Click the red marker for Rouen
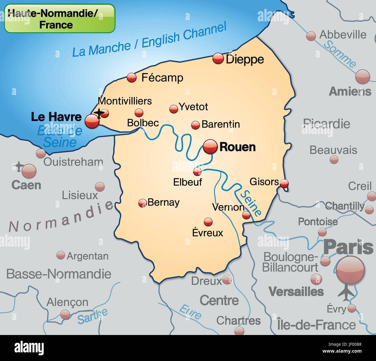[210, 146]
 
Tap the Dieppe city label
[245, 59]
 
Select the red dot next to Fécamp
[132, 77]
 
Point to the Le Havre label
[56, 117]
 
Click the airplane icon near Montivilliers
[99, 113]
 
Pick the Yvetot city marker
[174, 109]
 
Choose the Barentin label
[221, 124]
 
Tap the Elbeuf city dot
[198, 172]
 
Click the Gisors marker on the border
[285, 183]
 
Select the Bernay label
[163, 202]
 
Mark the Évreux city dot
[208, 222]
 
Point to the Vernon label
[228, 207]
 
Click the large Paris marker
[351, 271]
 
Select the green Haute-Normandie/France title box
[60, 18]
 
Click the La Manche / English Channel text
[149, 40]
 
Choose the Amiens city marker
[362, 77]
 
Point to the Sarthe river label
[92, 316]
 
